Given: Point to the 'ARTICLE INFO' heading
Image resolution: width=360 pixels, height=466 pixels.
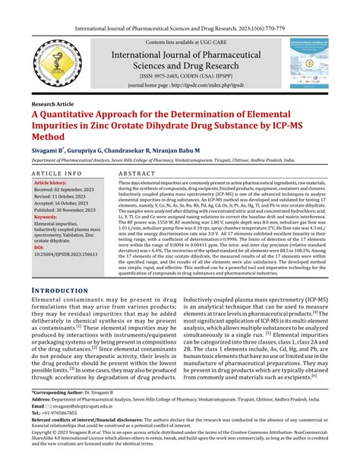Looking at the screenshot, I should click(x=58, y=174).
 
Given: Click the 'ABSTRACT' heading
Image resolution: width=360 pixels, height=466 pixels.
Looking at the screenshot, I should click(x=137, y=174).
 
